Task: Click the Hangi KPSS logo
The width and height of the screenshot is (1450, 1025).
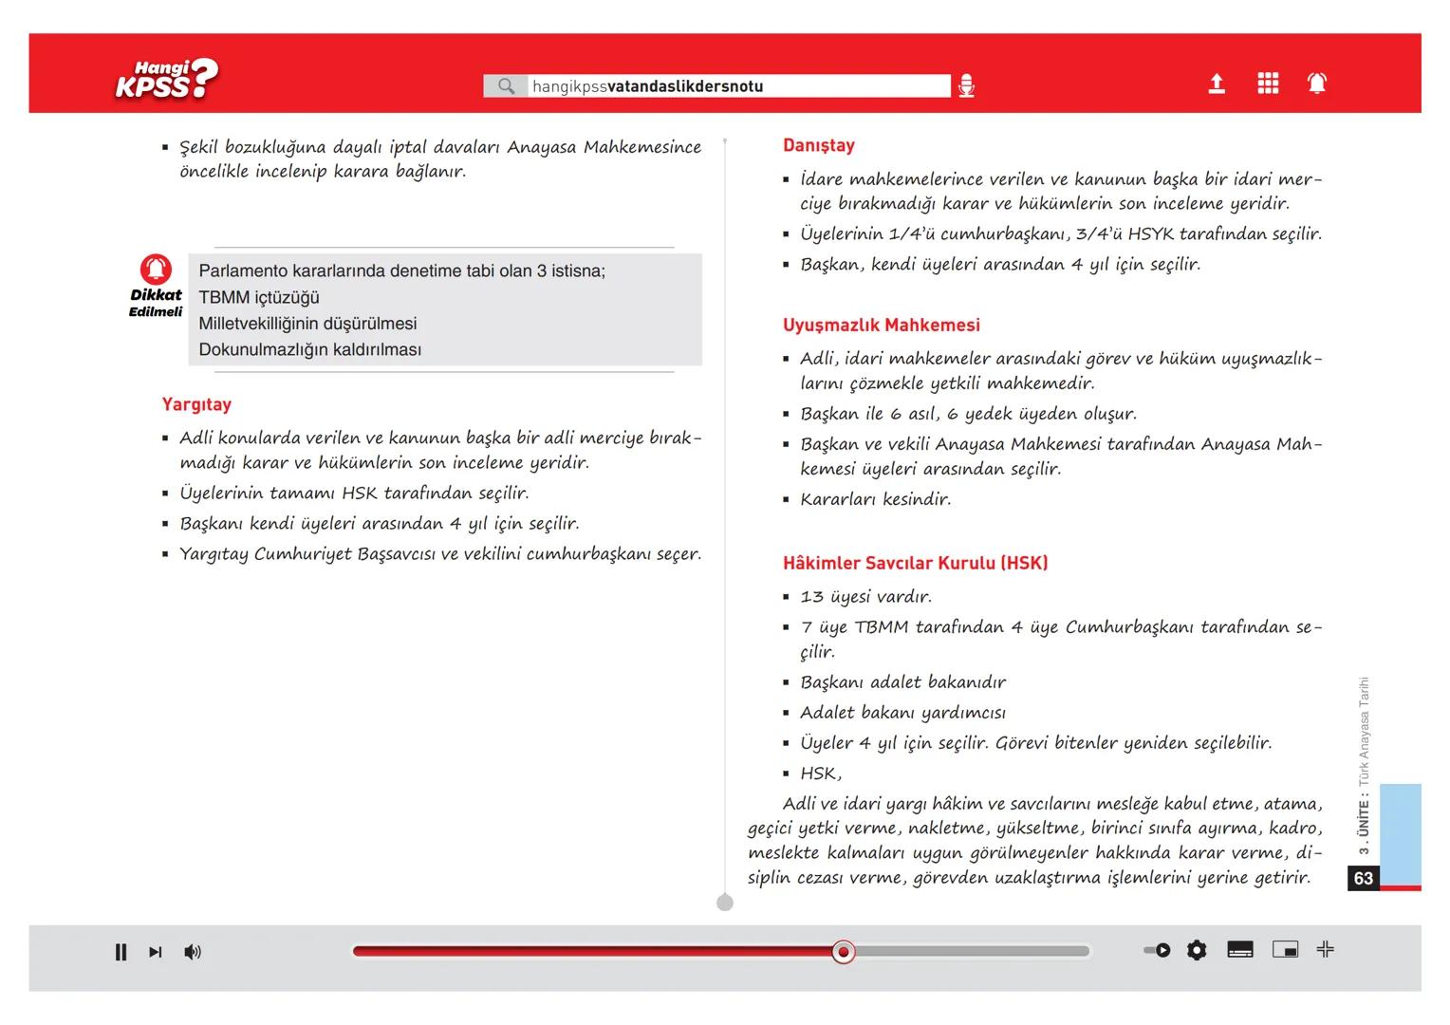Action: click(x=167, y=80)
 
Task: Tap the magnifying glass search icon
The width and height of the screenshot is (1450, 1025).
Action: click(x=507, y=86)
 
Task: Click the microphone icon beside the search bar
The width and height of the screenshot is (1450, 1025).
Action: click(x=966, y=86)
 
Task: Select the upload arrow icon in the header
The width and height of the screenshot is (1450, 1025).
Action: click(x=1217, y=84)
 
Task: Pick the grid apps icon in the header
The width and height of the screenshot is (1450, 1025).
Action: click(x=1268, y=84)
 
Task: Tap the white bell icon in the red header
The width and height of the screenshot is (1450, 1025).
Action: click(x=1317, y=84)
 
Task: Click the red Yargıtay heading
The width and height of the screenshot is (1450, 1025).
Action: click(x=196, y=404)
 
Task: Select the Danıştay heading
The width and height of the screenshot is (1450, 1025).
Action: click(x=819, y=145)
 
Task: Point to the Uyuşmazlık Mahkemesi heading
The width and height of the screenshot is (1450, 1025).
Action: click(x=882, y=325)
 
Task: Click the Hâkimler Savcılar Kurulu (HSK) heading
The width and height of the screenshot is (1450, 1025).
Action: click(x=915, y=563)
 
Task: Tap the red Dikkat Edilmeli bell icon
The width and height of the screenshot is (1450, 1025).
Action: click(x=156, y=270)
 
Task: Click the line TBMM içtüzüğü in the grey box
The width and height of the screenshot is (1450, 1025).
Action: click(x=259, y=297)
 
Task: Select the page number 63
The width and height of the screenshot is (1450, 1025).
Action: click(x=1364, y=878)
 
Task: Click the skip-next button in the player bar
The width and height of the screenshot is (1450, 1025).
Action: click(x=156, y=952)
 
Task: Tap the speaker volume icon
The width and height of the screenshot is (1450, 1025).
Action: click(x=193, y=952)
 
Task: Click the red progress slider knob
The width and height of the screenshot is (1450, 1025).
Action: click(x=843, y=951)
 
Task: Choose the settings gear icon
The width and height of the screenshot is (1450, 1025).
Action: click(x=1197, y=950)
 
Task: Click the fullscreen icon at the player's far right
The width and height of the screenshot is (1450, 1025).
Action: click(x=1326, y=949)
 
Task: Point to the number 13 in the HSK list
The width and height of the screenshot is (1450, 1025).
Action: click(x=812, y=597)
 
